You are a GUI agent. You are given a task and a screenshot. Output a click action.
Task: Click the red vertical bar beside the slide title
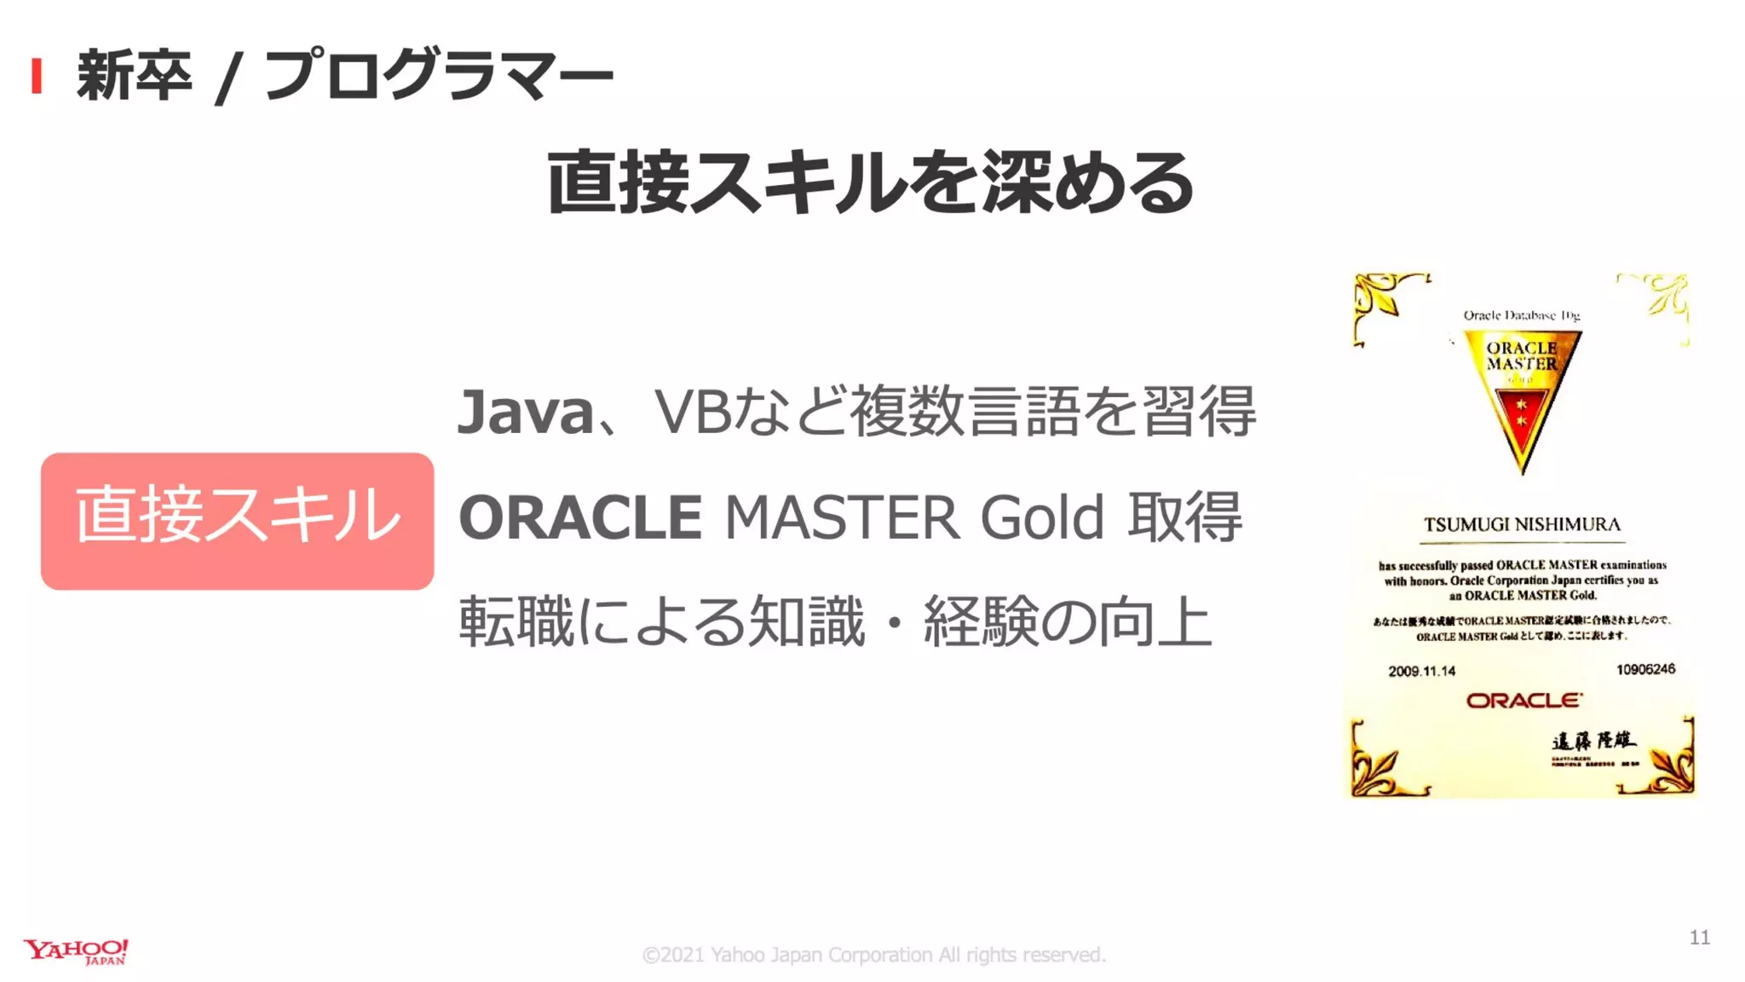[36, 76]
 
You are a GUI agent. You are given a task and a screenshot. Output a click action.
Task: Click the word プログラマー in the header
[438, 75]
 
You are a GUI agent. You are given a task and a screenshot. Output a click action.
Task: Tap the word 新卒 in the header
[134, 75]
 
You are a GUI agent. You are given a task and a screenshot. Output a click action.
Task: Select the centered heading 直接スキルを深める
[870, 182]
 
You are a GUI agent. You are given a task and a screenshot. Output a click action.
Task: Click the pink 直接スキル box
[237, 521]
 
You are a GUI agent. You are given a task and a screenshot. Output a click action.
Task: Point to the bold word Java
[525, 412]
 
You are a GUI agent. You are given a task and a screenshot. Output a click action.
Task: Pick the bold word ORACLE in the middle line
[580, 517]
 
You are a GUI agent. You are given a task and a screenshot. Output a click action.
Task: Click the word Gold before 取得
[1041, 517]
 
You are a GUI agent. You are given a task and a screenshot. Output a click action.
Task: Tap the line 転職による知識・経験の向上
[834, 621]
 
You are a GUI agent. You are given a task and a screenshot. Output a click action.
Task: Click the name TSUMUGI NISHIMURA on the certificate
[1522, 524]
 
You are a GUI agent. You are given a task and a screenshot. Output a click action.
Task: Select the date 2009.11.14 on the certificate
[1421, 671]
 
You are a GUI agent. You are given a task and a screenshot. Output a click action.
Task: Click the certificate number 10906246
[1644, 669]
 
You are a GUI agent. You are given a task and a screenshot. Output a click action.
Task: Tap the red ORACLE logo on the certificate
[1523, 701]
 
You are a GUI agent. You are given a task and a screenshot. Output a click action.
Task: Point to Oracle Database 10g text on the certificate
[1521, 315]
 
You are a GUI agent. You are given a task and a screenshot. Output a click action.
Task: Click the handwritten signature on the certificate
[1592, 740]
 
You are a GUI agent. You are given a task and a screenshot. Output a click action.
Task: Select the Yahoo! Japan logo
[76, 951]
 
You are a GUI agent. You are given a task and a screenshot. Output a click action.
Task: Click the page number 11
[1699, 938]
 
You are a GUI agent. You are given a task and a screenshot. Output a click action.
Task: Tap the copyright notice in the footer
[873, 955]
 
